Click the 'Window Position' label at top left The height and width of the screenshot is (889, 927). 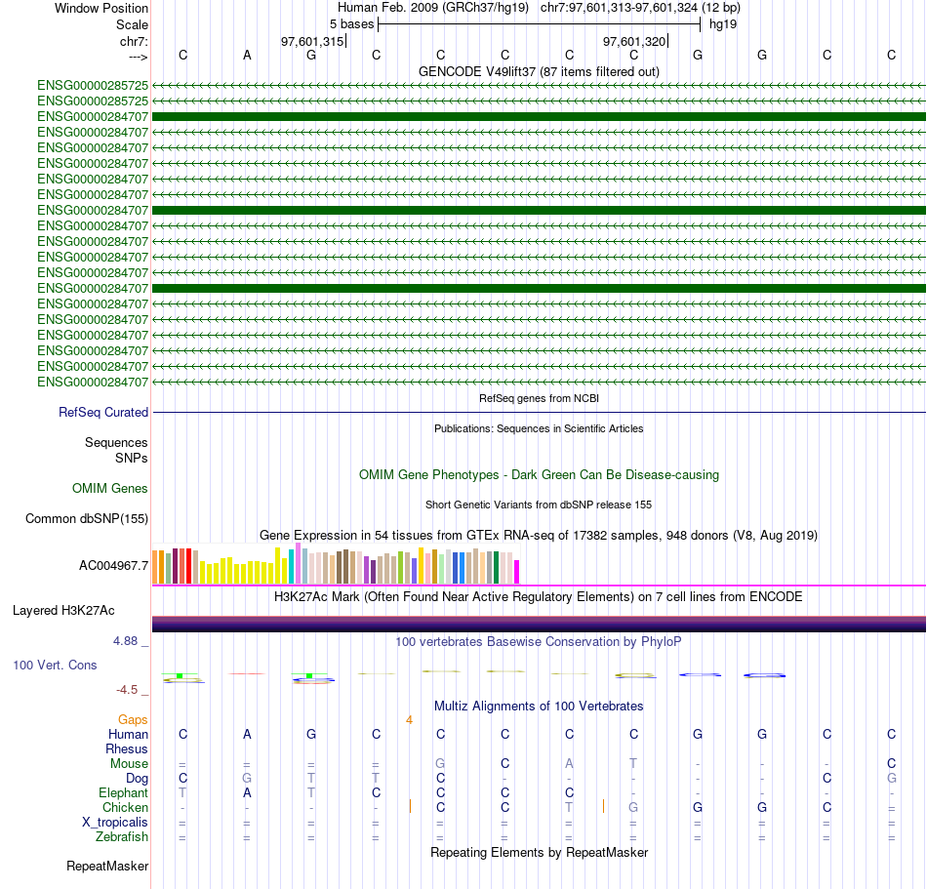tap(101, 8)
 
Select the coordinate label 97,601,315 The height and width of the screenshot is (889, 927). tap(312, 41)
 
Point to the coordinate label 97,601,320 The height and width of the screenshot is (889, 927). tap(634, 41)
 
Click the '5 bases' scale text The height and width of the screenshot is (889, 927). tap(351, 23)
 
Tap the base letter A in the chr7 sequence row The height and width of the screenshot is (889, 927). tap(247, 55)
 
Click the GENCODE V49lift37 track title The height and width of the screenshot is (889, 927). tap(539, 71)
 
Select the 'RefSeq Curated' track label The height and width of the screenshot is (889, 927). tap(103, 413)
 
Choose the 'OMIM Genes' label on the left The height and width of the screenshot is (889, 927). tap(110, 488)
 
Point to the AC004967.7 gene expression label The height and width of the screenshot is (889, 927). tap(113, 565)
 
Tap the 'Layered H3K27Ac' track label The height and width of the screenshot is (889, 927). tap(63, 611)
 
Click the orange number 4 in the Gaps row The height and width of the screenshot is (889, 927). tap(410, 720)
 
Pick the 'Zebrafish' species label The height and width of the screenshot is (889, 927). tap(122, 836)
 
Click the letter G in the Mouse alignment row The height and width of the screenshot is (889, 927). tap(440, 763)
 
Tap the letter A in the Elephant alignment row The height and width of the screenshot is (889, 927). tap(247, 792)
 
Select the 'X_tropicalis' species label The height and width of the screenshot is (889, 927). tap(115, 822)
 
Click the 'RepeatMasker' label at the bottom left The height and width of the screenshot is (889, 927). tap(107, 866)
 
